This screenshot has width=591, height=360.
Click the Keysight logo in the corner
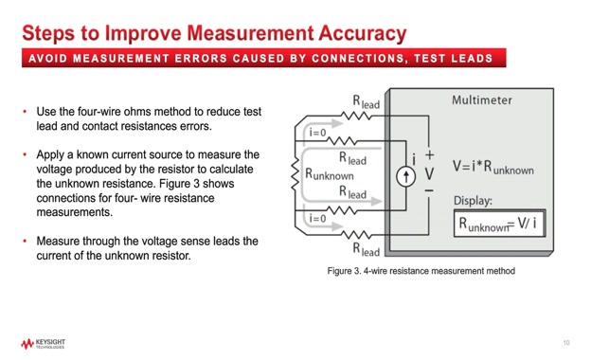click(x=42, y=344)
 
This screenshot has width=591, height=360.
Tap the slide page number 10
click(x=565, y=342)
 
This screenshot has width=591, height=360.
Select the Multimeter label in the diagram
click(x=482, y=99)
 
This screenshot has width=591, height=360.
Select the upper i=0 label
click(x=319, y=133)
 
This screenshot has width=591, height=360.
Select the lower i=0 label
click(x=319, y=218)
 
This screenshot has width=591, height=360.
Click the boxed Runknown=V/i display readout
click(x=500, y=224)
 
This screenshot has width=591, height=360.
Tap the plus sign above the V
click(x=429, y=154)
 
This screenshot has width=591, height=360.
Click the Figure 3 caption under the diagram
click(x=421, y=271)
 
